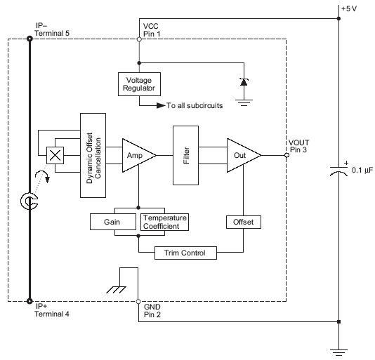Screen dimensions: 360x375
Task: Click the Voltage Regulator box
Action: coord(138,84)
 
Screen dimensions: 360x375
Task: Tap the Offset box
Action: coord(243,222)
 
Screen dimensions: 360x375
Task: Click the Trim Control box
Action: coord(185,253)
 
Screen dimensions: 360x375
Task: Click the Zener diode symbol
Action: coord(244,82)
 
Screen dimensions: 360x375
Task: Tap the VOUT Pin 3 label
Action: coord(300,145)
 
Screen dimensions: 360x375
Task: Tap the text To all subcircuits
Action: coord(195,106)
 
